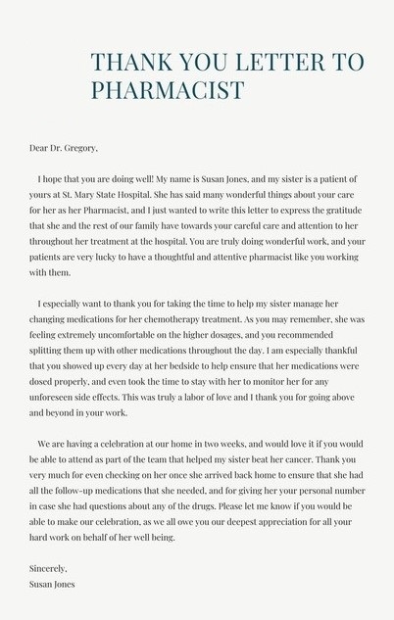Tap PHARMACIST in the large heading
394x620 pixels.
click(x=168, y=91)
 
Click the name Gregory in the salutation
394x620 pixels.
click(x=80, y=148)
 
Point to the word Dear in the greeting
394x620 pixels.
click(x=39, y=148)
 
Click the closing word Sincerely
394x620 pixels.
click(x=49, y=568)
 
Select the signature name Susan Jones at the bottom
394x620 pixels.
click(x=53, y=584)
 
